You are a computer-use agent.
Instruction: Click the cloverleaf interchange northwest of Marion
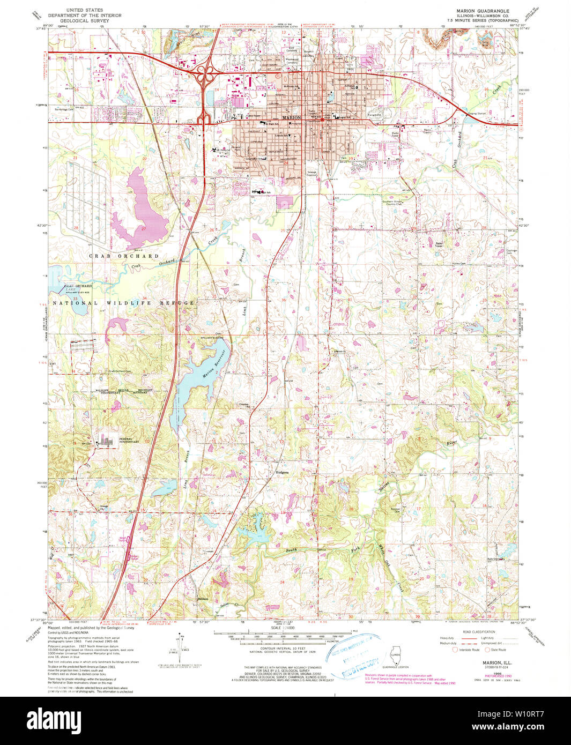[204, 76]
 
